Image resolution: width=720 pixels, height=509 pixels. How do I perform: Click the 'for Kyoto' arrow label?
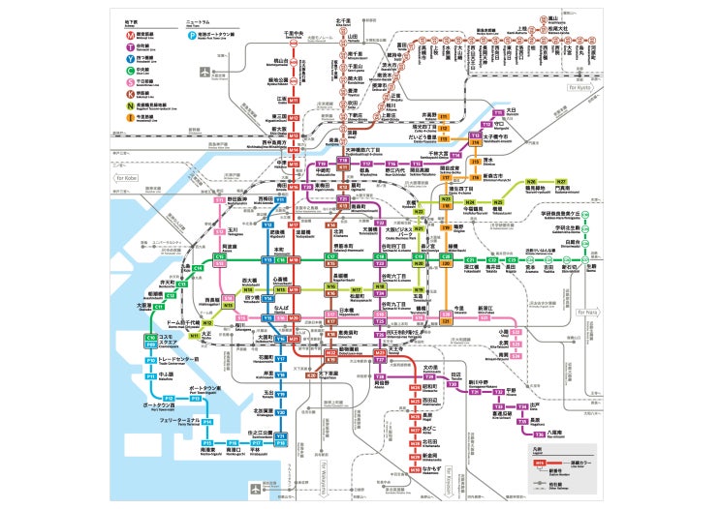point(584,87)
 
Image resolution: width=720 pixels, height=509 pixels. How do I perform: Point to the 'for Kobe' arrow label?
point(127,178)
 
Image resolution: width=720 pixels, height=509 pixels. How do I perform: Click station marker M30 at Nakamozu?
point(415,469)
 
